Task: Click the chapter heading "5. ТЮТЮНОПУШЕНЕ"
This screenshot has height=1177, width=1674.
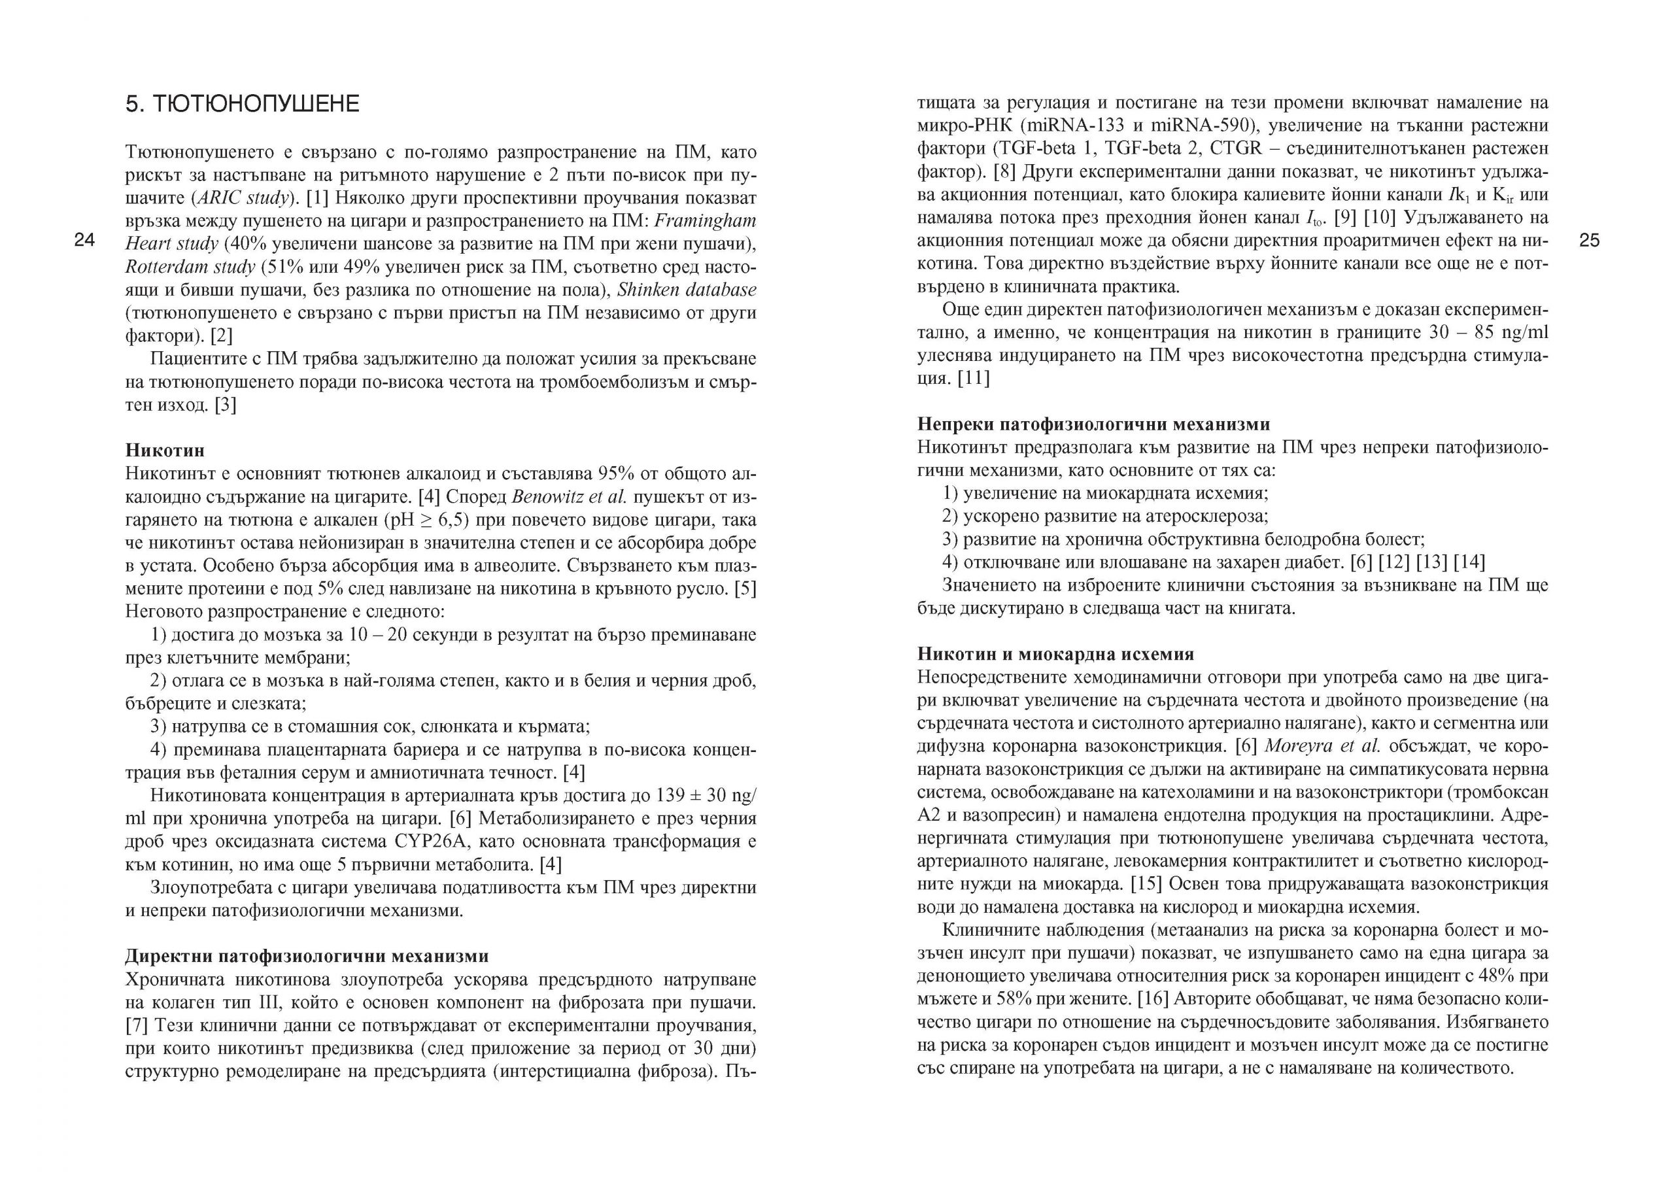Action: [243, 104]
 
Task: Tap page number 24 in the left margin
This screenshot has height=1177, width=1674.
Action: [84, 241]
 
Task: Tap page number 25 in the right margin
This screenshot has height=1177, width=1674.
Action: [1590, 241]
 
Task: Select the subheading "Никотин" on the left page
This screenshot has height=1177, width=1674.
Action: [165, 450]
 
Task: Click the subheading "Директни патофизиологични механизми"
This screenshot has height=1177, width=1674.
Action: [306, 956]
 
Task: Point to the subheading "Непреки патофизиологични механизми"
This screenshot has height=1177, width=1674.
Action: [1093, 424]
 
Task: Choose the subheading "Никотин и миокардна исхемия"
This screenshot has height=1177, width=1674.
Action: [1055, 654]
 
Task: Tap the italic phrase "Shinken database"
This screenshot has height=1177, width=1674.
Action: [687, 290]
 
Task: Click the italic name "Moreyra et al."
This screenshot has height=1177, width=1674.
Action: [1322, 746]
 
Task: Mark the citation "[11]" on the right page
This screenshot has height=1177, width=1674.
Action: [974, 379]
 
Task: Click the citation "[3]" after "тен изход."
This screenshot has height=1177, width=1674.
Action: [224, 405]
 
